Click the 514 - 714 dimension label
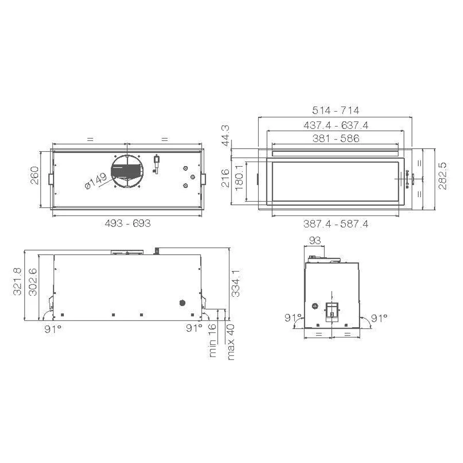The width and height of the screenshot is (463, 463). point(336,111)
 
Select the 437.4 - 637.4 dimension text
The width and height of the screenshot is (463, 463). point(336,126)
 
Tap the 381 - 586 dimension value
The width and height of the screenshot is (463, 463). point(336,138)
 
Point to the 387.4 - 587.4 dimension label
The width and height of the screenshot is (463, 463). point(336,224)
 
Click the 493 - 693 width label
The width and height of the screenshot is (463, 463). point(128,223)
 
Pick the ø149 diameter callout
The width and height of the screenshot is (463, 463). point(96,181)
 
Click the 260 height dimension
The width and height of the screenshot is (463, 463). point(34,175)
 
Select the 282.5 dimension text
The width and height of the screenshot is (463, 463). point(442,176)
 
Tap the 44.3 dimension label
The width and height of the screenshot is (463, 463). point(226,135)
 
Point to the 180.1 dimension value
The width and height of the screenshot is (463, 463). point(239,177)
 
